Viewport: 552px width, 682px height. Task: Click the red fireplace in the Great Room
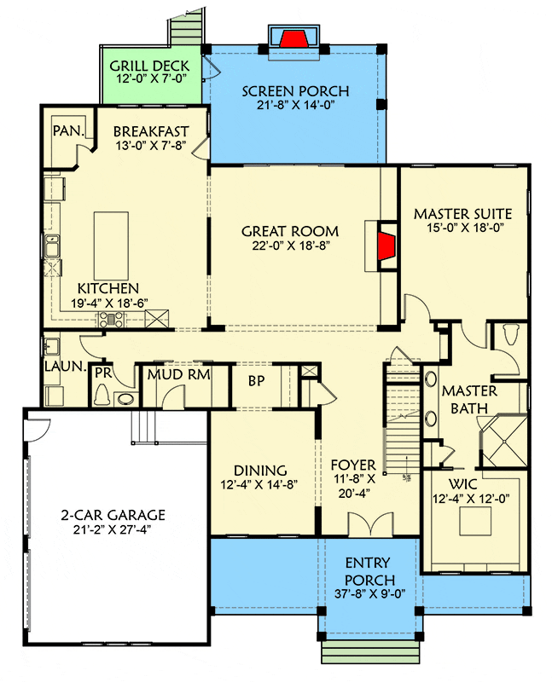pos(386,246)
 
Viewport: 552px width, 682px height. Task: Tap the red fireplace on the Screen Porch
pos(294,38)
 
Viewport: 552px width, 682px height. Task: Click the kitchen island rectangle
pos(111,246)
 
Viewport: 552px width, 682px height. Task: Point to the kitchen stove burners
pos(113,320)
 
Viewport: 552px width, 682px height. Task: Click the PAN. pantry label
pos(68,130)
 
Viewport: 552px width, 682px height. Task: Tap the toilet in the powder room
pos(103,394)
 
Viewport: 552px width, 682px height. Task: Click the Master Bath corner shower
pos(503,441)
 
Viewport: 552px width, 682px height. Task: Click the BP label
pos(257,380)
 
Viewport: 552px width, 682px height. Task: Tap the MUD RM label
pos(179,374)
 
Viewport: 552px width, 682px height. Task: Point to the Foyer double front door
pos(370,523)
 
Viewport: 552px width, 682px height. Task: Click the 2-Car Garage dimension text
pos(112,529)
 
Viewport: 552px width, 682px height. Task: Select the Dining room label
pos(260,471)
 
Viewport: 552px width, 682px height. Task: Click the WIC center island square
pos(475,521)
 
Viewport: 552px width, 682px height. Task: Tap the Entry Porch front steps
pos(370,651)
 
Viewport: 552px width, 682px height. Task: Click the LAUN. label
pos(66,367)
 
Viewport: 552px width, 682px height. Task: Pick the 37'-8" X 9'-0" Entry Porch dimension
pos(370,593)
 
